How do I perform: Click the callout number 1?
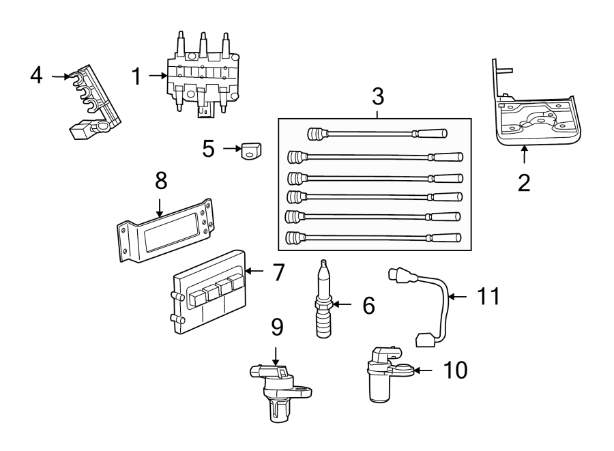[x=137, y=76]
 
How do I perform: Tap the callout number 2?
[x=523, y=183]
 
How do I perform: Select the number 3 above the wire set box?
[x=377, y=96]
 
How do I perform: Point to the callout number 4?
[x=37, y=75]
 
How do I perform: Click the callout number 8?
[x=160, y=181]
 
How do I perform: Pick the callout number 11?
[x=488, y=296]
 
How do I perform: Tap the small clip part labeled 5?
[x=252, y=152]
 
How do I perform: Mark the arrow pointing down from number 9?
[x=276, y=354]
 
